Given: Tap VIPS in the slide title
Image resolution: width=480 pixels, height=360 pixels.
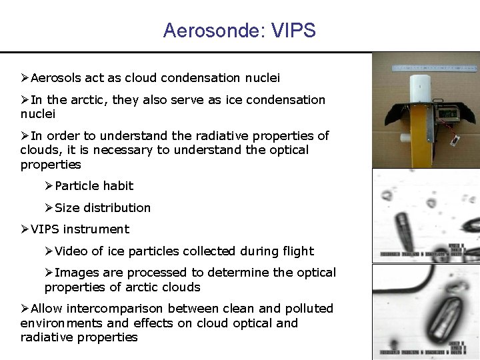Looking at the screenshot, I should point(293,31).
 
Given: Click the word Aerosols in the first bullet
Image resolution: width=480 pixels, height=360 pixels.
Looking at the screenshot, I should point(56,78).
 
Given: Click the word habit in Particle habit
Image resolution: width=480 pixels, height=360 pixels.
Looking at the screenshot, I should point(117,186).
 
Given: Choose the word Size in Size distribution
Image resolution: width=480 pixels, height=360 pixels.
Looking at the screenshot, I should point(67,208).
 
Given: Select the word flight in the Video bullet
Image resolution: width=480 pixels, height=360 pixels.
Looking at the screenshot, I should point(297,251).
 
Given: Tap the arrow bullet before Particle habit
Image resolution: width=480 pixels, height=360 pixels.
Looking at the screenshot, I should point(49,186).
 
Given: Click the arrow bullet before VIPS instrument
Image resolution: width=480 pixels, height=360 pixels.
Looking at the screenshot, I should point(25,229).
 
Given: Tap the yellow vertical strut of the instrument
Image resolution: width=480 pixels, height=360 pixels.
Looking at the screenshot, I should point(419,133).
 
